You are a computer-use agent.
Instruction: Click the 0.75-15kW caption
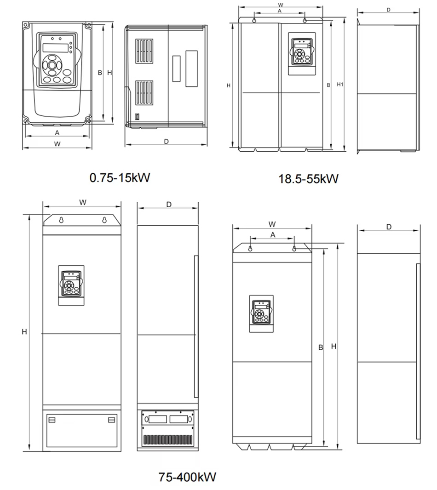coord(120,177)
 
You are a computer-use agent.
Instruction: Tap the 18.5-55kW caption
coord(309,179)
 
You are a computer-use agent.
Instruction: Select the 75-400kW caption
coord(187,477)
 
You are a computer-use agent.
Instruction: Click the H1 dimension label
coord(340,85)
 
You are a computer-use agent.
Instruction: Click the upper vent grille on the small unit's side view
coord(144,51)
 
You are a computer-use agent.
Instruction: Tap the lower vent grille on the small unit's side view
coord(144,93)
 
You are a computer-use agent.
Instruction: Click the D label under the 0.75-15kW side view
coord(167,142)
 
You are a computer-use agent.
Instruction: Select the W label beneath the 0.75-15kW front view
coord(57,144)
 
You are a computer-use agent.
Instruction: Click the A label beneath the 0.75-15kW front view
coord(57,133)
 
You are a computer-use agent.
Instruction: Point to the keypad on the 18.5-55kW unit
coord(302,52)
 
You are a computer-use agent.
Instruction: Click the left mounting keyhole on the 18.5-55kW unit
coord(254,21)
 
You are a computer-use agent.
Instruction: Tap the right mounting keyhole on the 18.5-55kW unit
coord(305,21)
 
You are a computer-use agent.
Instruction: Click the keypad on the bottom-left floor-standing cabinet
coord(71,284)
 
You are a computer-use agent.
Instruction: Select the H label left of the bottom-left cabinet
coord(24,332)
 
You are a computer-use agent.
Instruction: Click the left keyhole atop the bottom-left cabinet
coord(62,220)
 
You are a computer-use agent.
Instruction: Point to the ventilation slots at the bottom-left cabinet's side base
coord(167,440)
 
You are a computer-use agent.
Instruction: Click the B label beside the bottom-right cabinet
coord(321,347)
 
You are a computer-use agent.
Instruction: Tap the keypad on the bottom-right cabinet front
coord(262,311)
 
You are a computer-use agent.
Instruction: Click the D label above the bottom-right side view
coord(389,227)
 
